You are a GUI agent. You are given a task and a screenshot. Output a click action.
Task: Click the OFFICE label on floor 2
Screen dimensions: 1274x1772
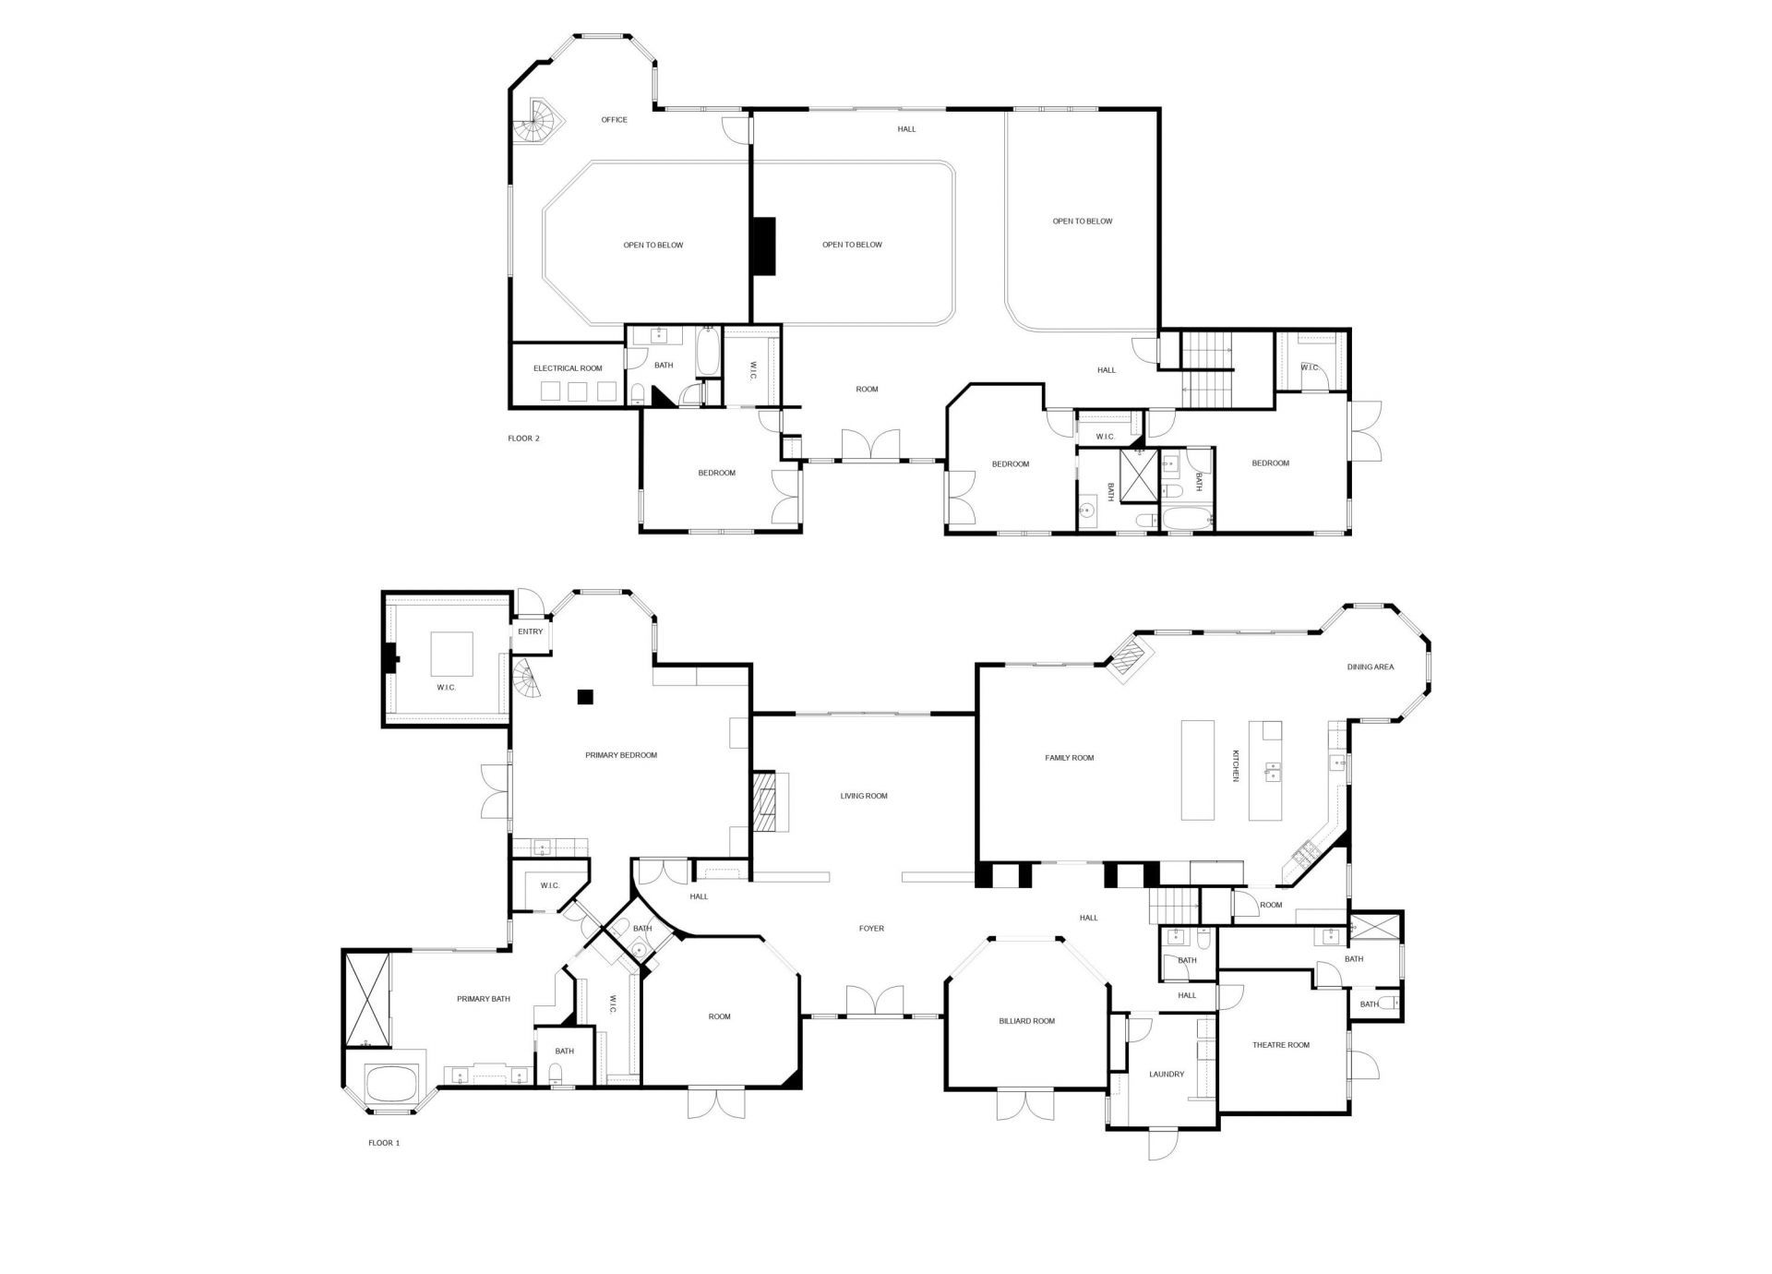pos(614,120)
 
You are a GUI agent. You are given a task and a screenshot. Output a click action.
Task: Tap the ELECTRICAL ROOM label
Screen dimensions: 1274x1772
pos(568,368)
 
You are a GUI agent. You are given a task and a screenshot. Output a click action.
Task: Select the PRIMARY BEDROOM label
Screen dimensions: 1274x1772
pos(621,755)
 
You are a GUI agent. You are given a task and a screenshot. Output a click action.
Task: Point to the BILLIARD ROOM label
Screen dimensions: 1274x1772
pos(1026,1021)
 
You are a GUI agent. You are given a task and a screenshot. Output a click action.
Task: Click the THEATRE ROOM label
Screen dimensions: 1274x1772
pos(1281,1045)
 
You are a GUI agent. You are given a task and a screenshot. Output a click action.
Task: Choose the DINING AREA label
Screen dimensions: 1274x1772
pos(1371,667)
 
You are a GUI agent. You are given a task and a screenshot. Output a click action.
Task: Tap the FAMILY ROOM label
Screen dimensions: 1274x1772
pos(1069,758)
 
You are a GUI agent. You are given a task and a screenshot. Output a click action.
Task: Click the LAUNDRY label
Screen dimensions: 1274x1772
pos(1167,1075)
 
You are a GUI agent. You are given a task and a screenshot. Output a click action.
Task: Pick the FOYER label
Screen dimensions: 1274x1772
pos(871,929)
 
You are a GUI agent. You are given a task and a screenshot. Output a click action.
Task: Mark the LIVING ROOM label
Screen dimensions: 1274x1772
pos(864,796)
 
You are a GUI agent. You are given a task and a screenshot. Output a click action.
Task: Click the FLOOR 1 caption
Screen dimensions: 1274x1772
pos(384,1143)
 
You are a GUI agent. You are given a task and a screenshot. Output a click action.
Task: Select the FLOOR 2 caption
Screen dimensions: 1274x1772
pos(523,439)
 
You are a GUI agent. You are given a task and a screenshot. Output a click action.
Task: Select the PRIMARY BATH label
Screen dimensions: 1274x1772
pos(484,999)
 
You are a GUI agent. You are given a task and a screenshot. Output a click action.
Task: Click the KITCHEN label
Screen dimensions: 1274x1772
pos(1235,766)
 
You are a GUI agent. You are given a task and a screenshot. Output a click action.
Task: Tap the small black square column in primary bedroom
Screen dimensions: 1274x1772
pos(584,697)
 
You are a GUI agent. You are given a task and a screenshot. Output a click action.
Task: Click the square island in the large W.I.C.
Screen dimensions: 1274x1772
pos(452,655)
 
